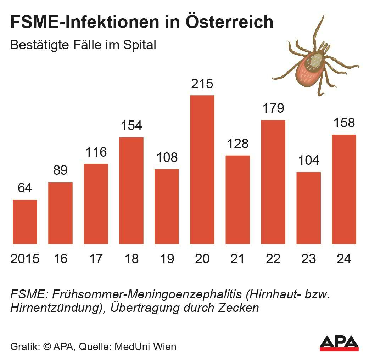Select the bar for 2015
tap(25, 222)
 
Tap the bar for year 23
tap(308, 208)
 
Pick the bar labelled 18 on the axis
tap(131, 191)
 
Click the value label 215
tap(202, 84)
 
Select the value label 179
tap(273, 108)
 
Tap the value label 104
tap(308, 161)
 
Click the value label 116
tap(96, 152)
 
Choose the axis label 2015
tap(25, 259)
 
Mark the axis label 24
tap(344, 259)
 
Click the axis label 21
tap(237, 259)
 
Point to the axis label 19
tap(167, 259)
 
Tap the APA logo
tap(339, 343)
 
